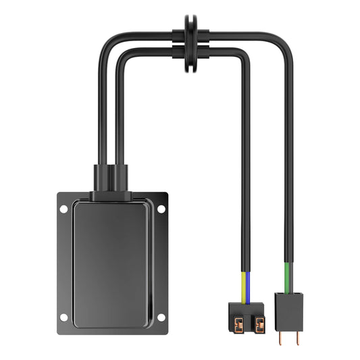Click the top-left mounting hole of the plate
[x=63, y=209]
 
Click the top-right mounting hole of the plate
[x=161, y=209]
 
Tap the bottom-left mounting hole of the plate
[x=63, y=317]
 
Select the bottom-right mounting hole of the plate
[x=161, y=317]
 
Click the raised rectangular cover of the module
[x=112, y=260]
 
